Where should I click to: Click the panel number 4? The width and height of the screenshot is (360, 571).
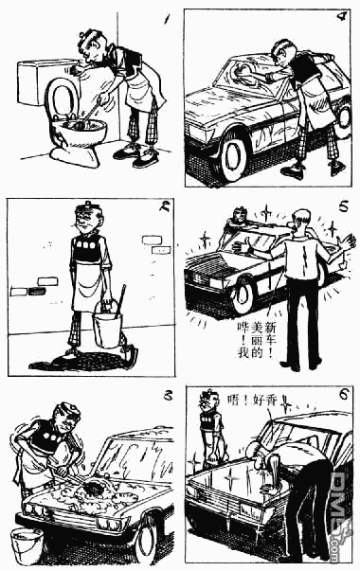340,16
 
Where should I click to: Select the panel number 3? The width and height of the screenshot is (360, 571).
167,395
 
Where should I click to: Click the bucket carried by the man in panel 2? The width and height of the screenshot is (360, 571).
107,326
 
